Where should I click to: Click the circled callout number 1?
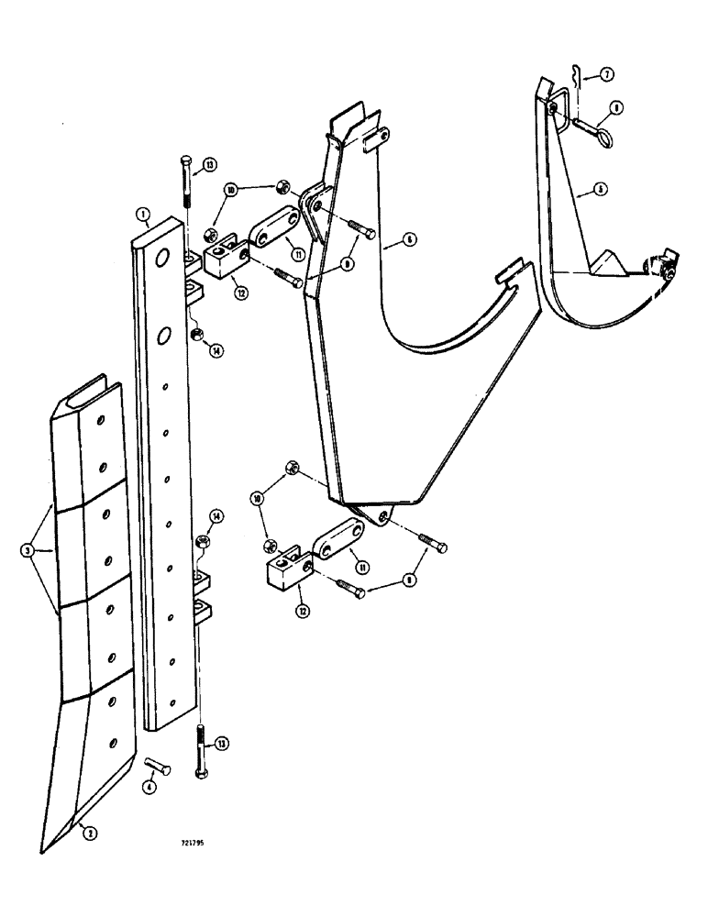pyautogui.click(x=143, y=215)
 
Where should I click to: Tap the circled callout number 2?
pyautogui.click(x=86, y=834)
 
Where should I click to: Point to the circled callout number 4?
pyautogui.click(x=149, y=786)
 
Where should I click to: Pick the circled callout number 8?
pyautogui.click(x=615, y=108)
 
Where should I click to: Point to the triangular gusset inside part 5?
pyautogui.click(x=610, y=265)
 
